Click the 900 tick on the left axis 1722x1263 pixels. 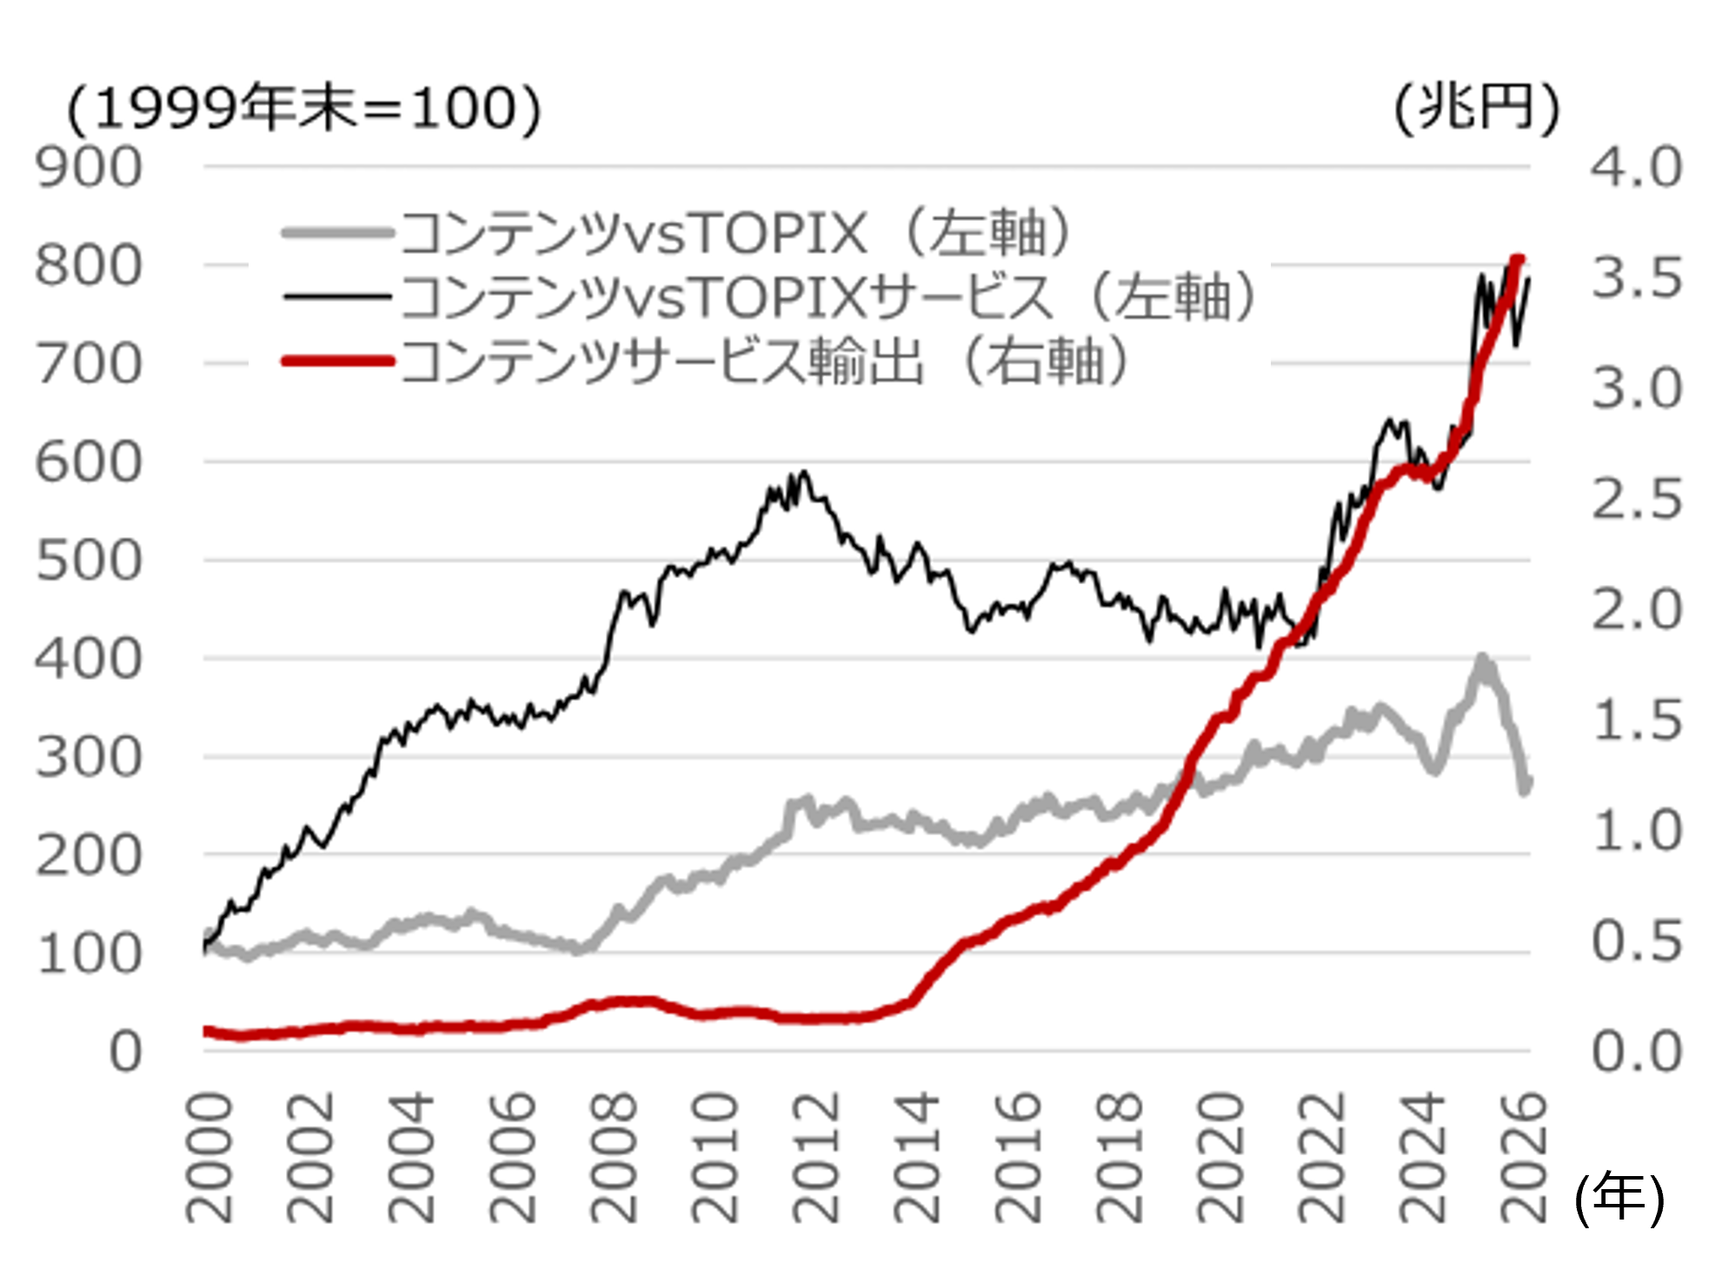click(x=88, y=168)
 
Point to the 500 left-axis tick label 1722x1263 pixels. click(x=88, y=562)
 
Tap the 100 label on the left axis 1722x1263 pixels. click(x=88, y=954)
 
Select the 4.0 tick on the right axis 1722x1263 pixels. click(x=1637, y=168)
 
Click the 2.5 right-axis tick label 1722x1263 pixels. click(x=1637, y=500)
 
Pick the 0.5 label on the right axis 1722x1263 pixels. click(x=1637, y=942)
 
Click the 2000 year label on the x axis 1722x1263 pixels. click(x=210, y=1158)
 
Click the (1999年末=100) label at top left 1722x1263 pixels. click(x=304, y=110)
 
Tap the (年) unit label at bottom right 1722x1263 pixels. click(x=1619, y=1198)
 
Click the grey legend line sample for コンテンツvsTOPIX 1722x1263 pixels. click(x=337, y=233)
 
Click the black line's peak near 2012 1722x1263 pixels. click(x=804, y=473)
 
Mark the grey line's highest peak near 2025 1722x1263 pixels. click(x=1483, y=659)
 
